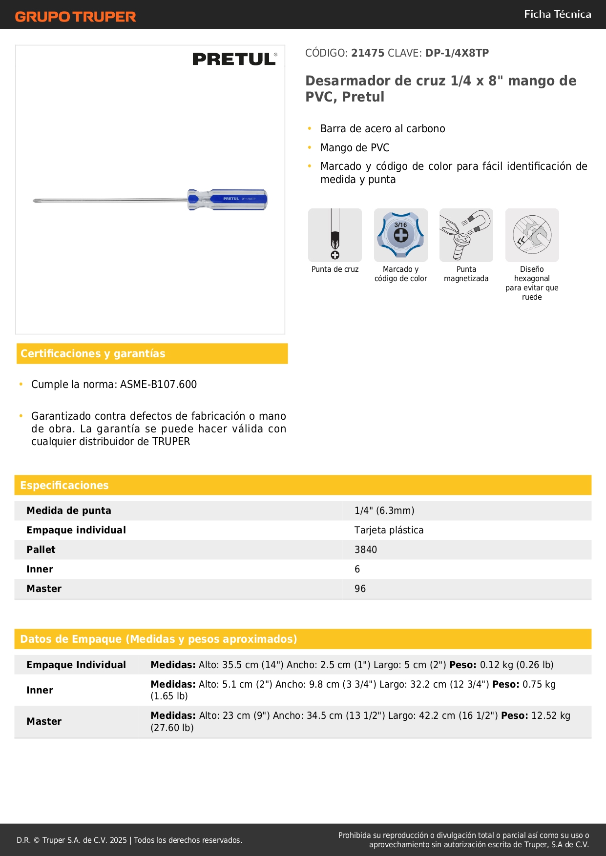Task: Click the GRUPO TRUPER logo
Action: click(x=76, y=17)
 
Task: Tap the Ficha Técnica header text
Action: click(x=557, y=14)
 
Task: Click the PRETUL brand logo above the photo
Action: click(x=234, y=59)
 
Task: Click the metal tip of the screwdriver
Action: click(x=36, y=200)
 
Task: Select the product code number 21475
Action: click(x=368, y=53)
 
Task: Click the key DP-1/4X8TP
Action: click(x=457, y=53)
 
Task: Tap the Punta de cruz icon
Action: click(x=335, y=235)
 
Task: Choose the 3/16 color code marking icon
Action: click(x=400, y=235)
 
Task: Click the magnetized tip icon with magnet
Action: click(x=466, y=235)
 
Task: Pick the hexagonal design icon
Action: click(x=532, y=235)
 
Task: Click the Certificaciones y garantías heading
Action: click(x=93, y=354)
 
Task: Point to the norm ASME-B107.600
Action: click(x=159, y=385)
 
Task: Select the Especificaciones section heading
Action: click(x=64, y=486)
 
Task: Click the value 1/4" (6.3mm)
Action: click(x=384, y=511)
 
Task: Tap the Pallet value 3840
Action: click(x=366, y=550)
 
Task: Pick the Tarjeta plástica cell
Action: click(x=389, y=530)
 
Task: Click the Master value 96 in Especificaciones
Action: click(x=360, y=589)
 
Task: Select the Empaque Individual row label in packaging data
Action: click(x=76, y=665)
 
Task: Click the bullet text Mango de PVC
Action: click(x=355, y=148)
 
